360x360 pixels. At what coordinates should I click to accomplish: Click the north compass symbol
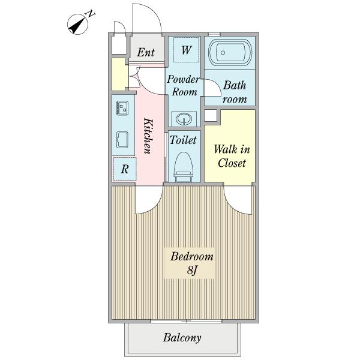77,25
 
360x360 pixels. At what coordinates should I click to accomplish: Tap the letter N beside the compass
91,14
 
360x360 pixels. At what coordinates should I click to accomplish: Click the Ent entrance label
146,52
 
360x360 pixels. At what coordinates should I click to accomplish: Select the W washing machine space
186,50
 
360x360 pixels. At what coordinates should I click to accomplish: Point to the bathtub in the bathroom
230,53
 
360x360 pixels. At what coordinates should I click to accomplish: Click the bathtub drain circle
223,53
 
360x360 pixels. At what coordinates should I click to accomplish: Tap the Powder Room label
183,85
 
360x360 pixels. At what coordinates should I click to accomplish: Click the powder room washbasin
184,119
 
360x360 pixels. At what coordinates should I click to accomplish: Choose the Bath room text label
235,92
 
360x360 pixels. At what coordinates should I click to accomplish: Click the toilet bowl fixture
183,167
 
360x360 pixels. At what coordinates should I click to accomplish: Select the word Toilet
183,140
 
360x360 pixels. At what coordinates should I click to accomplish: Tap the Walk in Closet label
232,157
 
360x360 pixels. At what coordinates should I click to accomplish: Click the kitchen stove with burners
122,108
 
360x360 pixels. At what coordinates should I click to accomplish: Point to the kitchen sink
122,140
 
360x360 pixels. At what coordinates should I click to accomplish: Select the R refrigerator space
125,169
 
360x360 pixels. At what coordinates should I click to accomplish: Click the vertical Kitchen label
148,136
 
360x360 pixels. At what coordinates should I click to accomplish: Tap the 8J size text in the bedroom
192,270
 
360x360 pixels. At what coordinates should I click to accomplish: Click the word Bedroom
192,256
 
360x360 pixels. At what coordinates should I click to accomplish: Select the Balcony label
182,338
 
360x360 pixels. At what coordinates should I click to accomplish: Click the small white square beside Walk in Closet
211,115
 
